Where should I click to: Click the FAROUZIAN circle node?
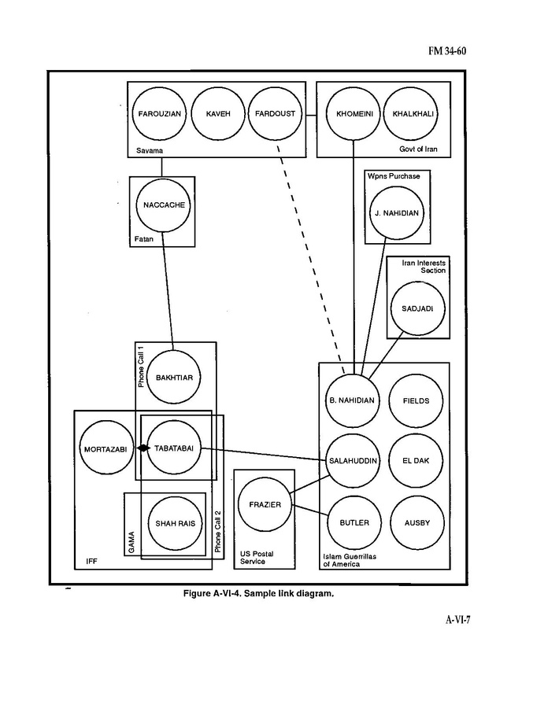pyautogui.click(x=160, y=113)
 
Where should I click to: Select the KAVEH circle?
pyautogui.click(x=218, y=113)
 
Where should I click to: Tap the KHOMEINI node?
pyautogui.click(x=354, y=113)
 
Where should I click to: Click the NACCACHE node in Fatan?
pyautogui.click(x=163, y=205)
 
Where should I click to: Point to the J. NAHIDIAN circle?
pyautogui.click(x=398, y=212)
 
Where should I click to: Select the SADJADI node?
pyautogui.click(x=417, y=308)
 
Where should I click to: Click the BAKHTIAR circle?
pyautogui.click(x=174, y=378)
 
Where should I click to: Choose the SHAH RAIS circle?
pyautogui.click(x=175, y=523)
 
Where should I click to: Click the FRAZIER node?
pyautogui.click(x=265, y=504)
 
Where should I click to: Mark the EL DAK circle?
pyautogui.click(x=417, y=460)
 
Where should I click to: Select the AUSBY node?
pyautogui.click(x=417, y=523)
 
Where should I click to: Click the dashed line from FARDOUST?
pyautogui.click(x=309, y=252)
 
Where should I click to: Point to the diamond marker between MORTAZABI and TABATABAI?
pyautogui.click(x=143, y=448)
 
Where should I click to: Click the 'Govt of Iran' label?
pyautogui.click(x=417, y=149)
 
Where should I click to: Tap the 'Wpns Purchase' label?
pyautogui.click(x=394, y=176)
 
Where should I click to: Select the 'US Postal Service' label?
pyautogui.click(x=257, y=558)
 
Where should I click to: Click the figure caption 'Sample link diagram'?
pyautogui.click(x=259, y=593)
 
